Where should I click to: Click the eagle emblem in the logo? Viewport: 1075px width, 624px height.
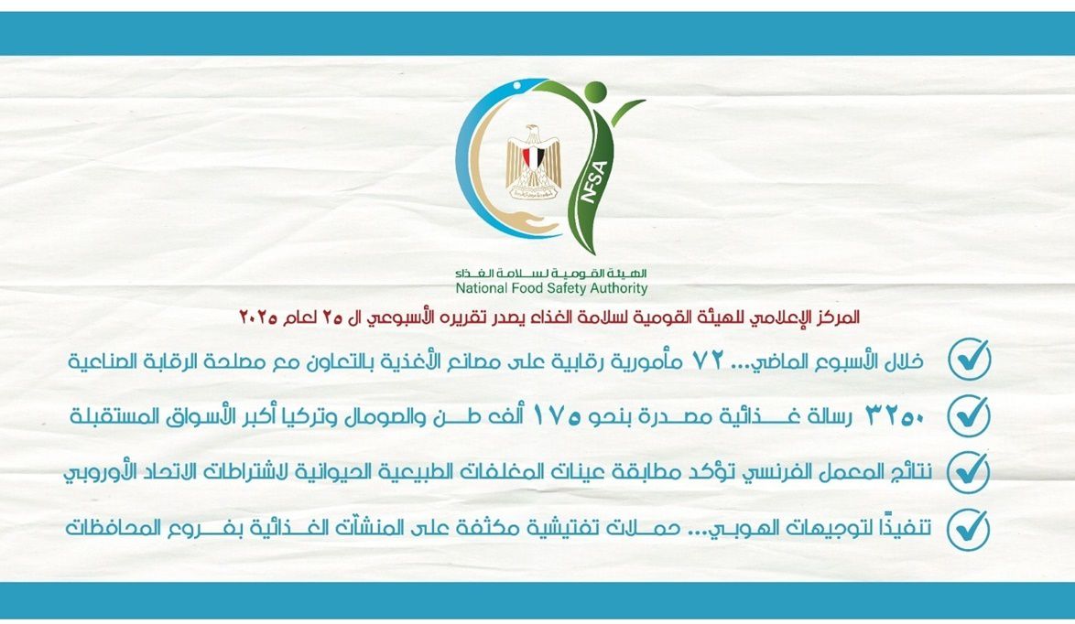tap(534, 161)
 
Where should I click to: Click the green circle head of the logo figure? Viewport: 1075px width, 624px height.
tap(596, 91)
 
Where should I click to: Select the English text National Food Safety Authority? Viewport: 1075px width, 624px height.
tap(551, 288)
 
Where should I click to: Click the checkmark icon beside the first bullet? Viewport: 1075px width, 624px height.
tap(969, 359)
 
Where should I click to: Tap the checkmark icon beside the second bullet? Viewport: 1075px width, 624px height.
tap(969, 415)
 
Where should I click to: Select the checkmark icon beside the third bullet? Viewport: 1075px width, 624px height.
tap(969, 471)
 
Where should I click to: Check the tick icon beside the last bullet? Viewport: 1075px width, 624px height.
tap(969, 529)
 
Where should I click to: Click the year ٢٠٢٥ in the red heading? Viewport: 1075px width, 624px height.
tap(258, 317)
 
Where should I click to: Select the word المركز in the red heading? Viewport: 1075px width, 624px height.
tap(839, 317)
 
